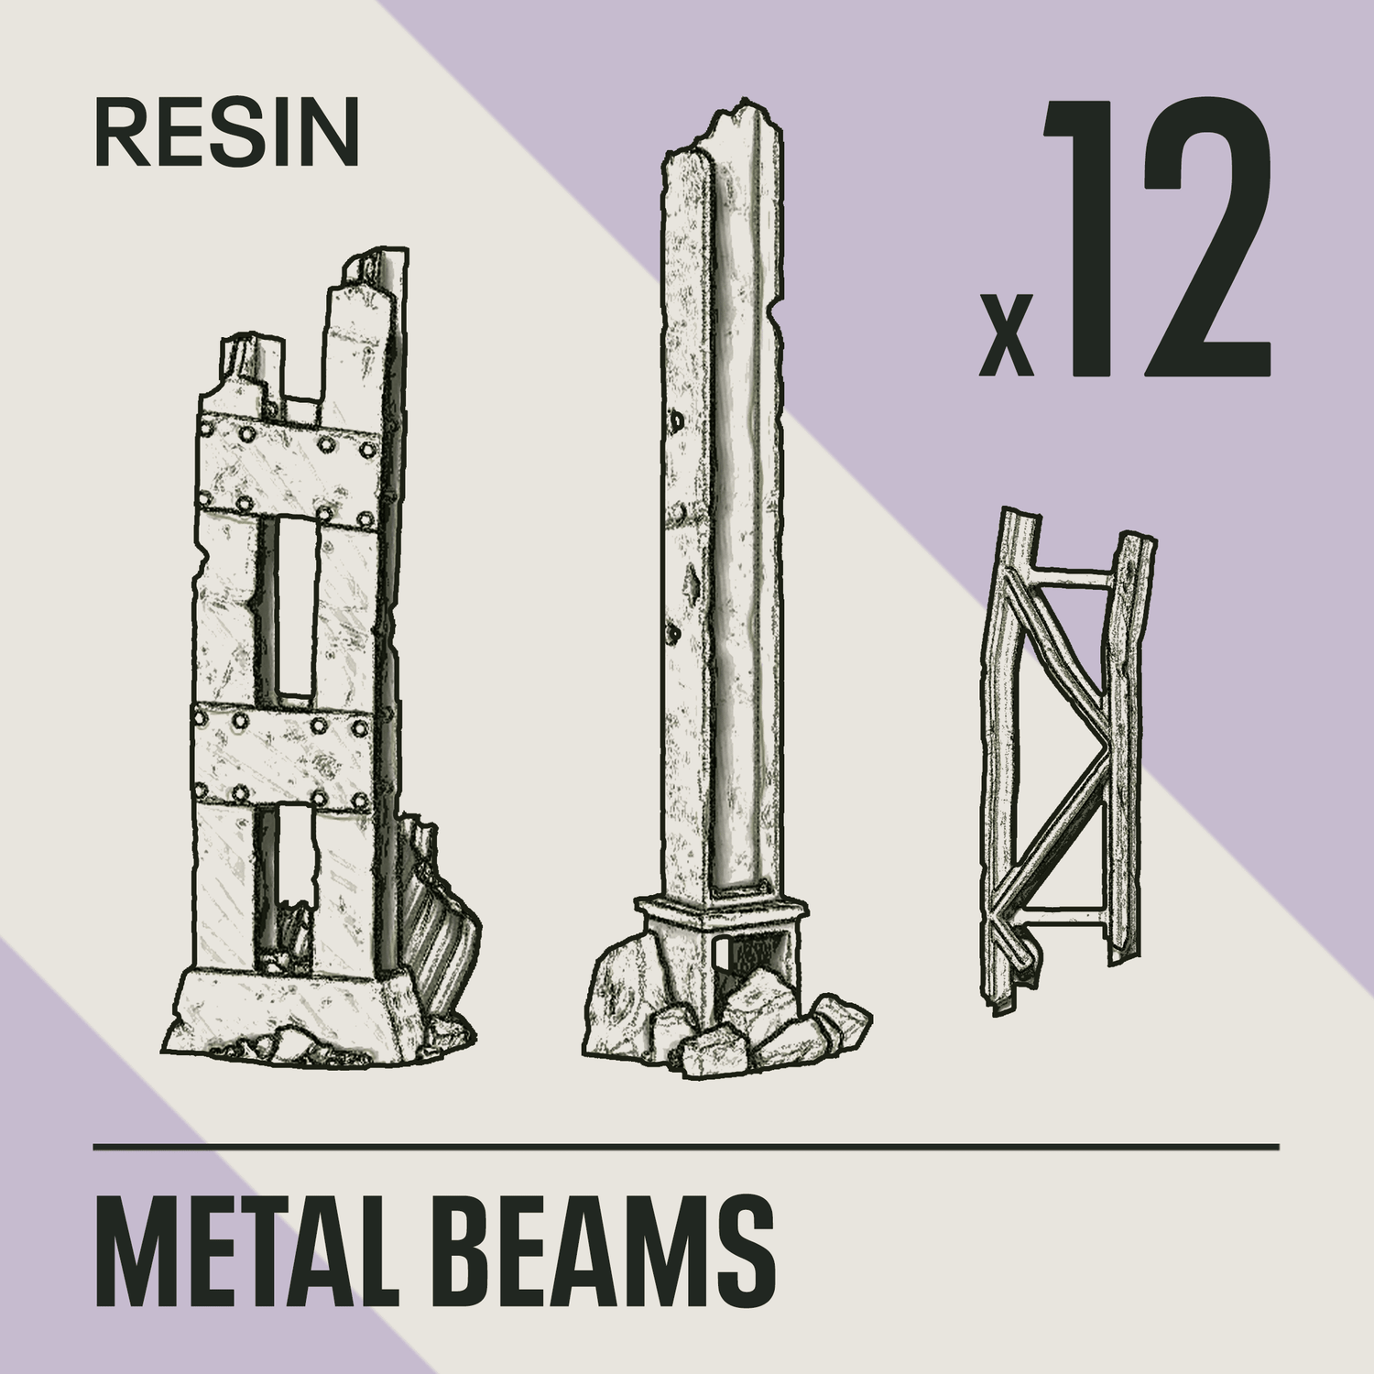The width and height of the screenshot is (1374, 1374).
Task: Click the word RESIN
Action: (x=226, y=134)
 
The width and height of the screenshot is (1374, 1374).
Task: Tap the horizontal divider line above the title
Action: (x=687, y=1146)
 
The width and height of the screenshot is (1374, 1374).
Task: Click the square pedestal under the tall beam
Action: (x=720, y=916)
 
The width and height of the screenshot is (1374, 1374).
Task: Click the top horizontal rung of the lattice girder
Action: (x=1072, y=579)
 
